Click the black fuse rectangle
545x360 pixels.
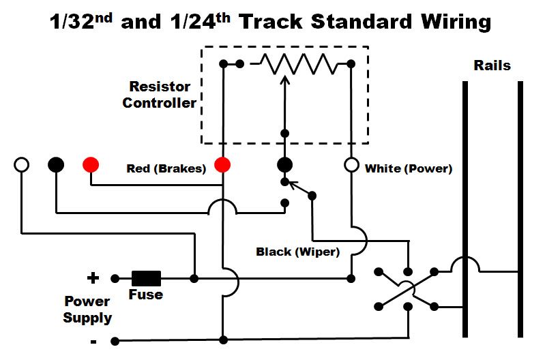pos(146,278)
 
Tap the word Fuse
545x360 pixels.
pos(146,295)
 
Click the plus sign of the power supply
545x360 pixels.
pos(92,278)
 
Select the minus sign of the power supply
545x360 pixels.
pos(93,340)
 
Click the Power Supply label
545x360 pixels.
pos(87,309)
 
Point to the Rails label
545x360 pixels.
pos(492,66)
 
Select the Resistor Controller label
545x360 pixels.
pos(162,95)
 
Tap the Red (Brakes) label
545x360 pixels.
pos(166,168)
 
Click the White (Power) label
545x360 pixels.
pos(409,168)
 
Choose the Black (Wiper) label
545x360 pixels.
pos(297,252)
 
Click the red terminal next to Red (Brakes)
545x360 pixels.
pos(222,164)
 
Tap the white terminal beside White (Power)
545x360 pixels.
pos(351,164)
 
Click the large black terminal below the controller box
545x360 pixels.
pos(285,164)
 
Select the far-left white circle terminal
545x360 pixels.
pos(22,164)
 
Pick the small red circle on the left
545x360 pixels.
pos(90,164)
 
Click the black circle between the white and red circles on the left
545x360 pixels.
pos(56,164)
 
